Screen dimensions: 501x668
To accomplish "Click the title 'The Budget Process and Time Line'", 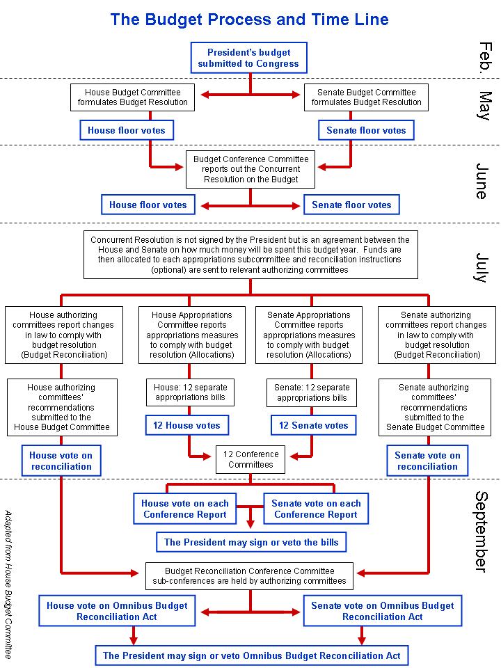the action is pyautogui.click(x=249, y=19).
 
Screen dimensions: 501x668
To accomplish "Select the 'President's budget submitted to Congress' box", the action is pyautogui.click(x=249, y=58).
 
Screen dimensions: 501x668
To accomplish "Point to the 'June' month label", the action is pyautogui.click(x=482, y=181).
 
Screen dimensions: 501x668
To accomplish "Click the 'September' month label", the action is pyautogui.click(x=482, y=532).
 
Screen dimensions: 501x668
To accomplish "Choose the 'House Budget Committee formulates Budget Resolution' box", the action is pyautogui.click(x=132, y=97).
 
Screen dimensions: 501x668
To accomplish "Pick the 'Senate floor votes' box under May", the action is pyautogui.click(x=366, y=130).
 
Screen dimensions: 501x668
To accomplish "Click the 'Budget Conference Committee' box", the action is pyautogui.click(x=250, y=169).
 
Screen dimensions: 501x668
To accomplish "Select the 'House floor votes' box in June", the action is pyautogui.click(x=148, y=205).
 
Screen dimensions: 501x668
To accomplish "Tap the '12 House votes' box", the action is pyautogui.click(x=186, y=425).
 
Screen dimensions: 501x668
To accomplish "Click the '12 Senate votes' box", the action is pyautogui.click(x=314, y=425).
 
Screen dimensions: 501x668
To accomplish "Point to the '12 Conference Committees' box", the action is pyautogui.click(x=250, y=459).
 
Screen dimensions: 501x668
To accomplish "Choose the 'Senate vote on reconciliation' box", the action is pyautogui.click(x=427, y=461).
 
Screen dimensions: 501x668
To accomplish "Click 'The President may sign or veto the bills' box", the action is pyautogui.click(x=251, y=542).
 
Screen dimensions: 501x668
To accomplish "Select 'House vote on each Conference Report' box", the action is pyautogui.click(x=185, y=509).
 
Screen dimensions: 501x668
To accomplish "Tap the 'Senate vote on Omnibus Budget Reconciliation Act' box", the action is pyautogui.click(x=383, y=611).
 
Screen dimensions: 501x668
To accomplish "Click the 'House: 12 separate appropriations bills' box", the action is pyautogui.click(x=190, y=392).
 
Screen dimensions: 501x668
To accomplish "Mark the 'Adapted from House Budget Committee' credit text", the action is pyautogui.click(x=8, y=584).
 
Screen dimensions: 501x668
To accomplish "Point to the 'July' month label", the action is pyautogui.click(x=482, y=267).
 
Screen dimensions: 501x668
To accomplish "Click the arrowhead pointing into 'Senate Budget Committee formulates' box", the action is pyautogui.click(x=296, y=95).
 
